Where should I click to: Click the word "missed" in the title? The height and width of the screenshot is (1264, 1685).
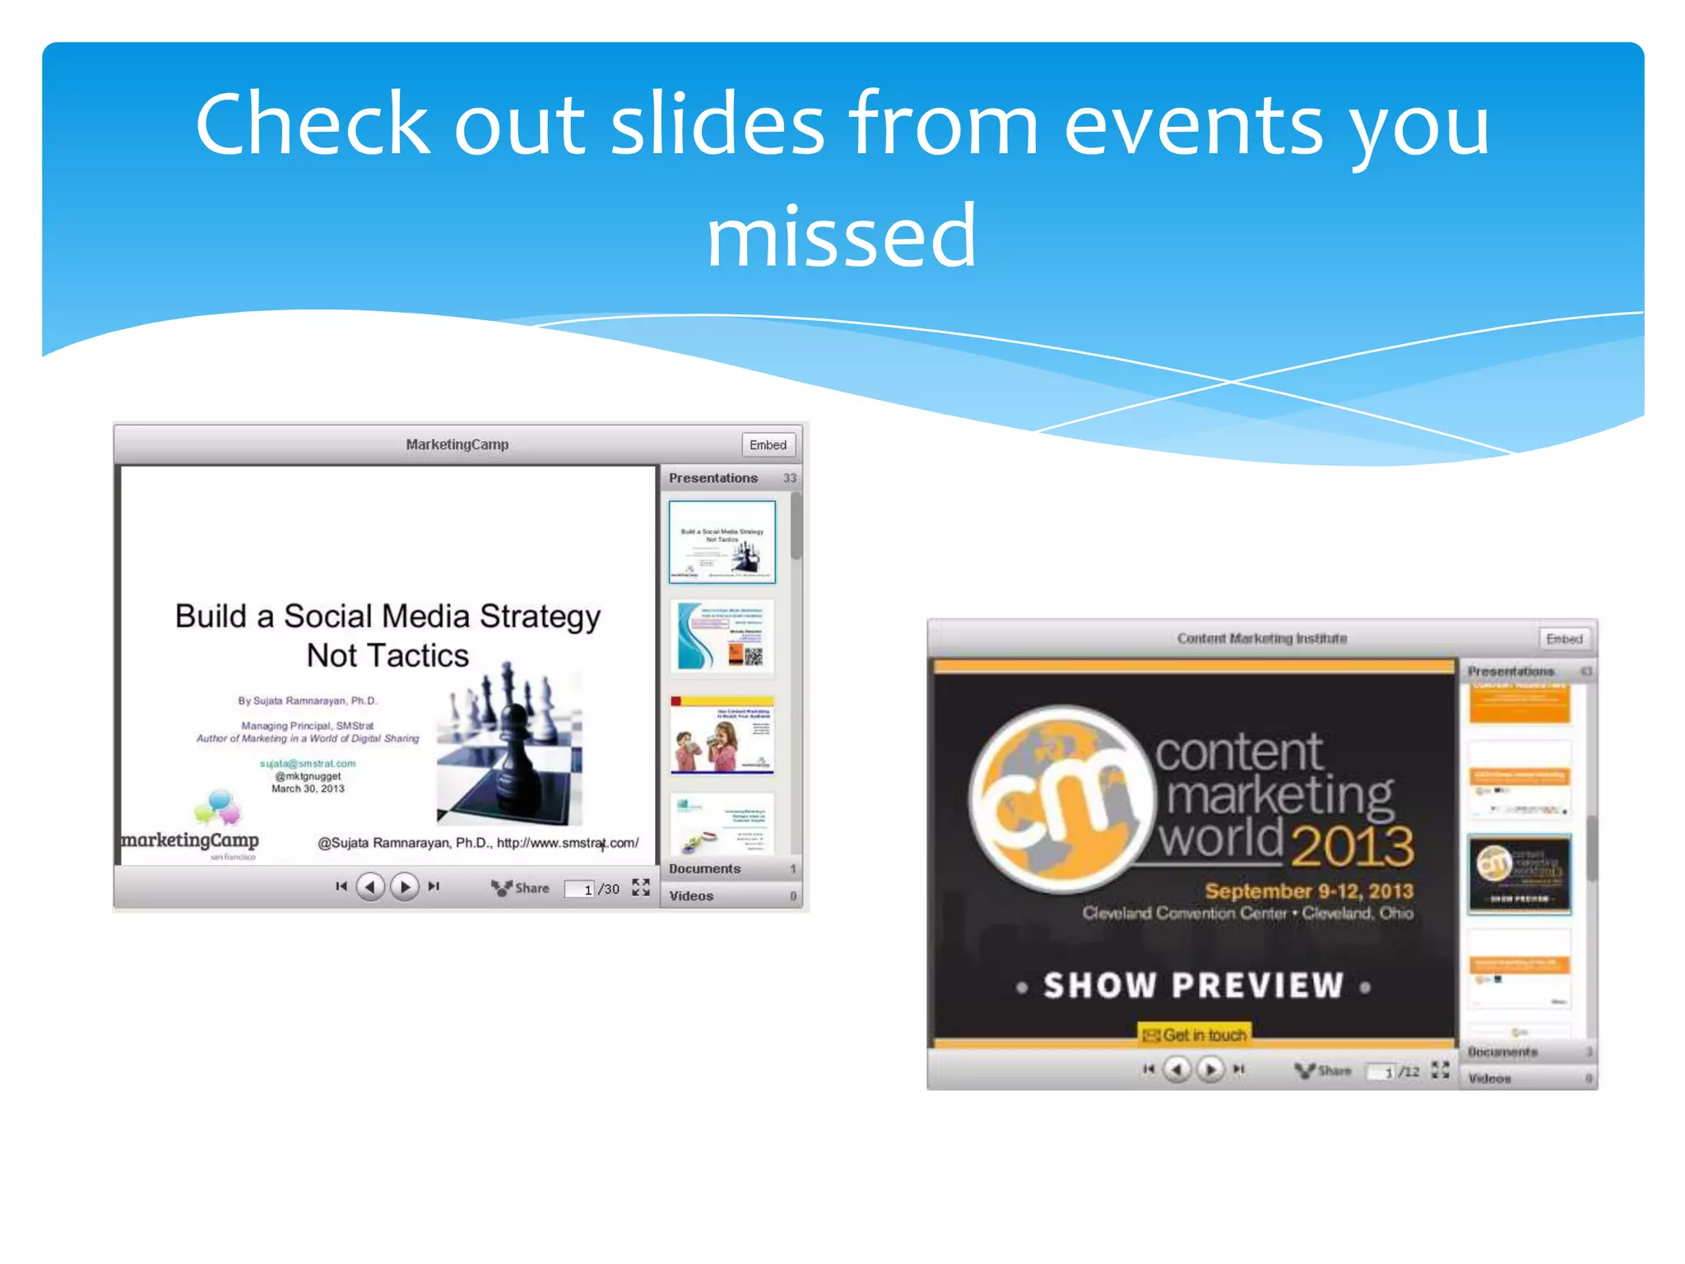(842, 237)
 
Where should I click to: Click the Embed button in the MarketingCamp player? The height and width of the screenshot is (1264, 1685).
(768, 444)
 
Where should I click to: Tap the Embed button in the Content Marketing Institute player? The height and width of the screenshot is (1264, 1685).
(1563, 639)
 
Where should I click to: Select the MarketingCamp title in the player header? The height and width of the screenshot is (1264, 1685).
(457, 444)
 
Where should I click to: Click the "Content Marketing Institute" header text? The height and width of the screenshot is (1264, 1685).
(1261, 639)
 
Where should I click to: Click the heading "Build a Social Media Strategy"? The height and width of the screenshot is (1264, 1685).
(388, 616)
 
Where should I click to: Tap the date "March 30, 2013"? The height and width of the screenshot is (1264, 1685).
(308, 788)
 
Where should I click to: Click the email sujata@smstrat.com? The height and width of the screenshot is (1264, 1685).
(308, 764)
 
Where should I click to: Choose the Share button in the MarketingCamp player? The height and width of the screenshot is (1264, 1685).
(521, 888)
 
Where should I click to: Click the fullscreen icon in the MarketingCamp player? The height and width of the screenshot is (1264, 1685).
(641, 887)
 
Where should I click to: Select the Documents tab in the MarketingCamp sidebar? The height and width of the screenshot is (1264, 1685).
(705, 869)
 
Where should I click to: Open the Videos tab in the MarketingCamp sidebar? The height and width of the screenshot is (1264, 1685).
(691, 896)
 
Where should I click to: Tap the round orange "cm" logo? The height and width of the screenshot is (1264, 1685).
(1061, 798)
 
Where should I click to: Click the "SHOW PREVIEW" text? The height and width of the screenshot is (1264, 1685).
(1193, 986)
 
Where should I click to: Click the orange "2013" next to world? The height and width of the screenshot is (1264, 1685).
(1352, 845)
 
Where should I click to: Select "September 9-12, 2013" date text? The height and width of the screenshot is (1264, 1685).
(1308, 891)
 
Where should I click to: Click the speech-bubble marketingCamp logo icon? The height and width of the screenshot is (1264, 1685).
(217, 806)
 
